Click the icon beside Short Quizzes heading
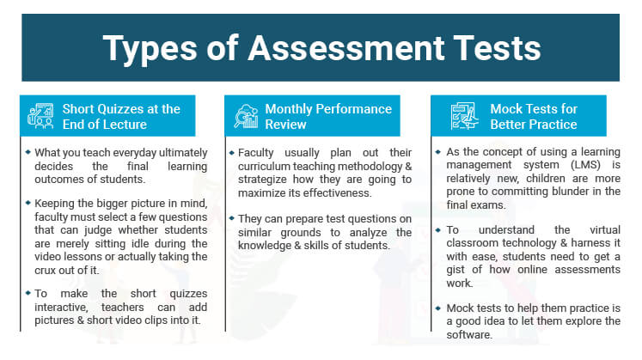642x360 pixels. click(40, 117)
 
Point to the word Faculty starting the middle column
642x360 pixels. click(257, 153)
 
